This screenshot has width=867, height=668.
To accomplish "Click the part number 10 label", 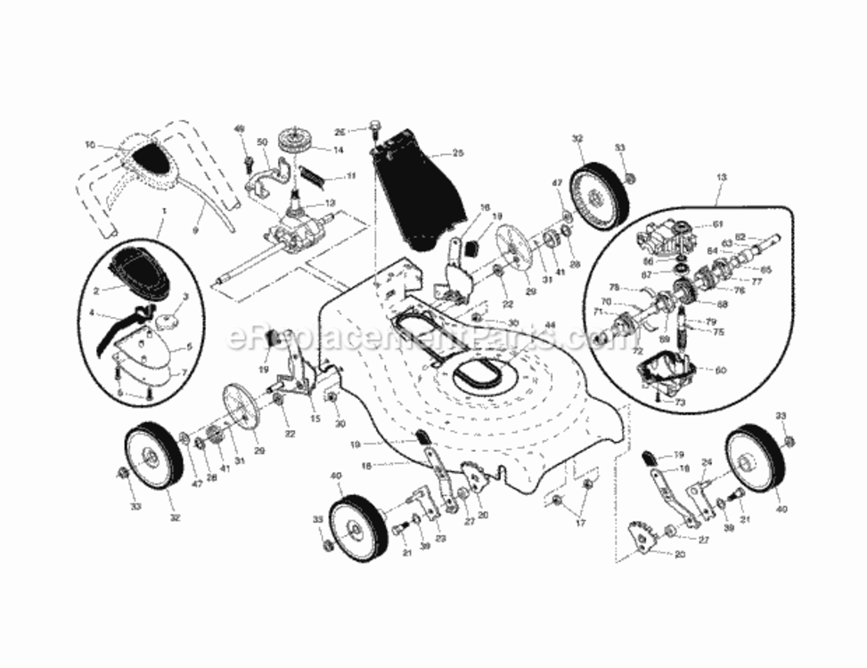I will pos(89,143).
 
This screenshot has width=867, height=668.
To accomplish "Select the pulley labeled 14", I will pos(291,142).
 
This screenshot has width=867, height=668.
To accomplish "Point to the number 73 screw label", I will pos(680,403).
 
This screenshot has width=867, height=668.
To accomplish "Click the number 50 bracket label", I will pos(262,143).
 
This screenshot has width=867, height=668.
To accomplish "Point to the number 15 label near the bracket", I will pos(315,419).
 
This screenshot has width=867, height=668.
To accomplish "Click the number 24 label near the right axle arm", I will pos(708,462).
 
